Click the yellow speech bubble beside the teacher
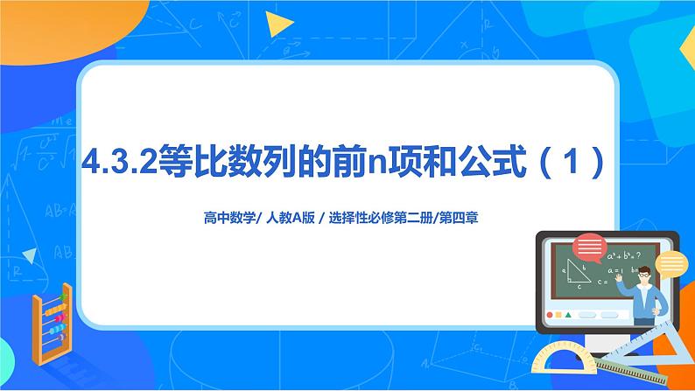point(670,263)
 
